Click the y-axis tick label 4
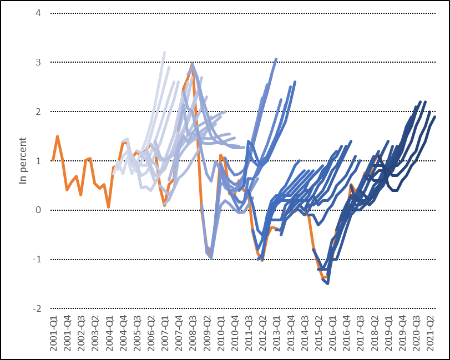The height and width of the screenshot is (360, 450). (x=38, y=13)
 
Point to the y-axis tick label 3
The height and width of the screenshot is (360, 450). (x=38, y=62)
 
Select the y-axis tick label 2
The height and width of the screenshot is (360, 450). (x=38, y=111)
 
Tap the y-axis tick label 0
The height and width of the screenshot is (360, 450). (x=38, y=210)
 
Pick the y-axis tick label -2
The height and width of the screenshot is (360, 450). (x=37, y=308)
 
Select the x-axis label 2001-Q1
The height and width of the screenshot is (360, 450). (x=53, y=333)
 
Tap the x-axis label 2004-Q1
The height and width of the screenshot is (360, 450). (x=109, y=333)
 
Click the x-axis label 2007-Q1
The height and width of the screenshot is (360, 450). (x=165, y=333)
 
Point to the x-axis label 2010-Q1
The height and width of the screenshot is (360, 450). (x=221, y=333)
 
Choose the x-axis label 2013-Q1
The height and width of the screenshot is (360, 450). (x=277, y=333)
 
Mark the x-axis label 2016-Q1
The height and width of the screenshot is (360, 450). (x=333, y=333)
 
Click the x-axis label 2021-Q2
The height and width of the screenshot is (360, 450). (x=431, y=333)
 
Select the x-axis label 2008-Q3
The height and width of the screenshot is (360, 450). (x=193, y=333)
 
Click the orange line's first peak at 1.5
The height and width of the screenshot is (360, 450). (x=57, y=136)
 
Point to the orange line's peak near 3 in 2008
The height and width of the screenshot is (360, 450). (x=192, y=64)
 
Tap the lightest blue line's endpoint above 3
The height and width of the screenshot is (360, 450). (x=164, y=53)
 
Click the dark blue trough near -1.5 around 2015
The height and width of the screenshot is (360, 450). (x=328, y=283)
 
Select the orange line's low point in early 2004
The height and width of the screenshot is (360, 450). (x=109, y=207)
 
